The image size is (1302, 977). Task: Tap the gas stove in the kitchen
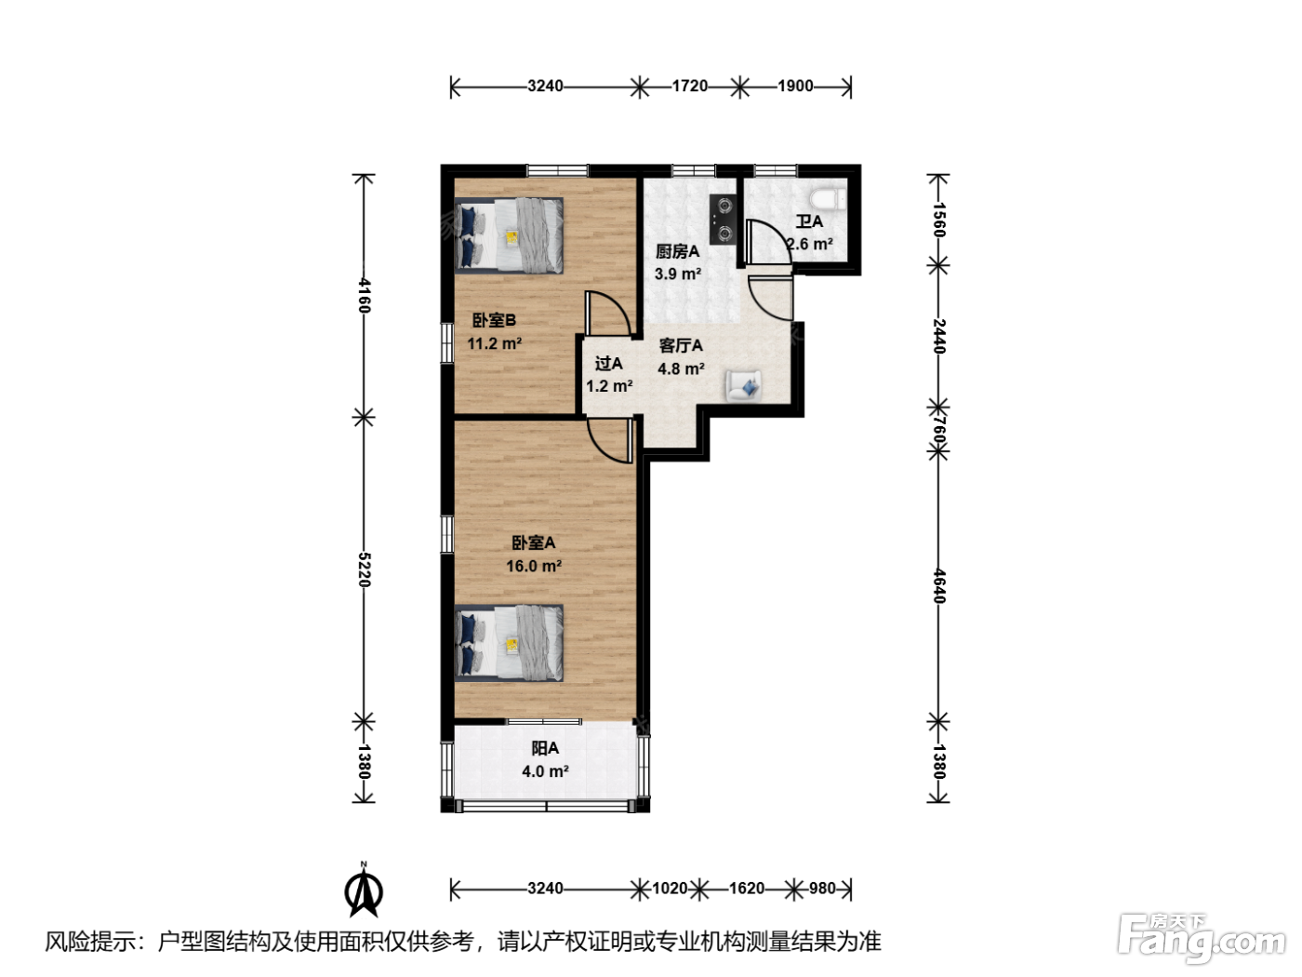(x=724, y=219)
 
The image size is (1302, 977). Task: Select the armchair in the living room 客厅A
(x=744, y=385)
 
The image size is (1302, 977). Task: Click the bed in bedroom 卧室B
(x=509, y=234)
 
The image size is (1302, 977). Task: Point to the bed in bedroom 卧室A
(x=509, y=642)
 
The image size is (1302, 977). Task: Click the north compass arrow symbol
(x=364, y=890)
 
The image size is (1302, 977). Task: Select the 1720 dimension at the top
(x=689, y=86)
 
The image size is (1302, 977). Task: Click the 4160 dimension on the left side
(x=364, y=296)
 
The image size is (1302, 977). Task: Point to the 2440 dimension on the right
(x=938, y=336)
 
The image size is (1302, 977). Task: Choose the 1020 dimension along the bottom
(x=670, y=888)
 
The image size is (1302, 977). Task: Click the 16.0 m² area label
(x=534, y=566)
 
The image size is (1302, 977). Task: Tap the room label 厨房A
(x=677, y=251)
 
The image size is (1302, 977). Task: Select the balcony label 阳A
(x=545, y=749)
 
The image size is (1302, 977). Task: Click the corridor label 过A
(x=608, y=363)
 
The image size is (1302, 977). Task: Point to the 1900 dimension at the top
(x=795, y=86)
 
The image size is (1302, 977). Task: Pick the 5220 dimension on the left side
(x=364, y=569)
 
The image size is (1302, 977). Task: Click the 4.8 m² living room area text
(x=681, y=368)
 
